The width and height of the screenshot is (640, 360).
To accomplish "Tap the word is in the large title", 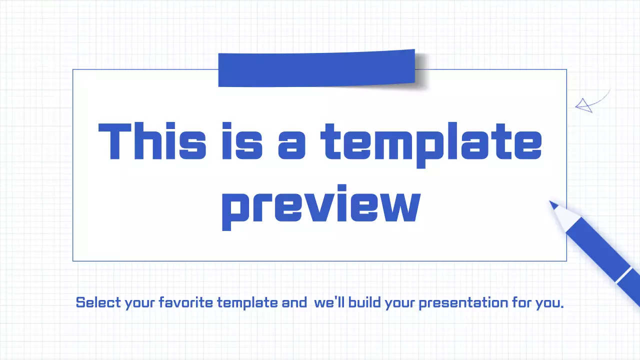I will coord(242,141).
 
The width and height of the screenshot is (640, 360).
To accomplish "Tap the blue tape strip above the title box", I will coord(316,68).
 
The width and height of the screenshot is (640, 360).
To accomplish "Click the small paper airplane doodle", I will coord(583,105).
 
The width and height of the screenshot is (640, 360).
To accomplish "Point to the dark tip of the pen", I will coord(553,204).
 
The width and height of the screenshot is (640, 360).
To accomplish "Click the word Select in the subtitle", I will coord(98,302).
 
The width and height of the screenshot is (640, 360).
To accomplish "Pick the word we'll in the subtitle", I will coord(329,302).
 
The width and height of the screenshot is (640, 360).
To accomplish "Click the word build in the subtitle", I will coord(365,302).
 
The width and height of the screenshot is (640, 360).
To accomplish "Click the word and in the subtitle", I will coord(294,302).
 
